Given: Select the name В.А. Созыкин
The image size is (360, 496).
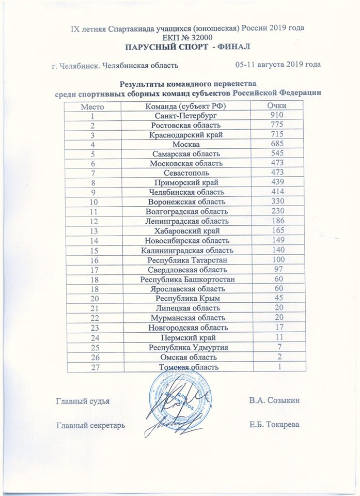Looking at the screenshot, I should (x=274, y=400).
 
